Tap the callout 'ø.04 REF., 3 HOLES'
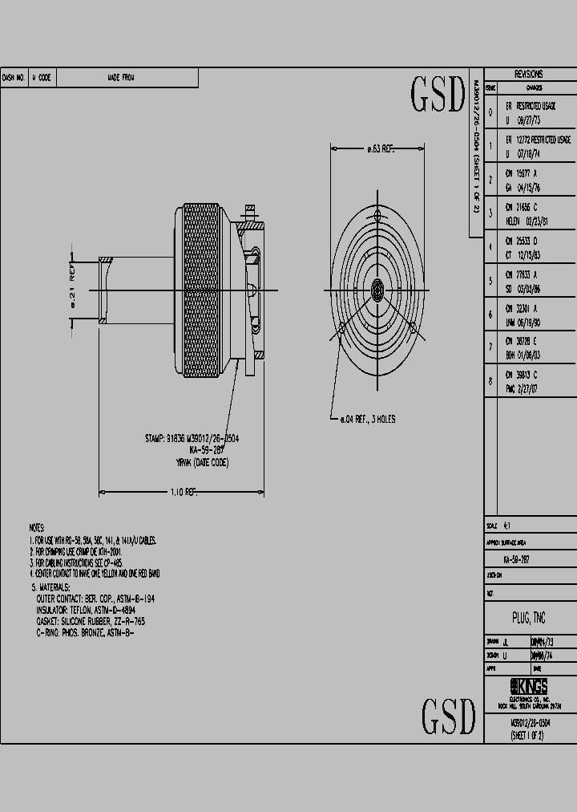click(364, 419)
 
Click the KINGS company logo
click(529, 687)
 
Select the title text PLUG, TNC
click(529, 618)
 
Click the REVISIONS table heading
click(529, 72)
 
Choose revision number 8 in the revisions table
click(490, 381)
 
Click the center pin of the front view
click(378, 290)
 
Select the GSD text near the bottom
click(449, 716)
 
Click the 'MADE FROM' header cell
click(121, 78)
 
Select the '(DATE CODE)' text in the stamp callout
click(209, 463)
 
